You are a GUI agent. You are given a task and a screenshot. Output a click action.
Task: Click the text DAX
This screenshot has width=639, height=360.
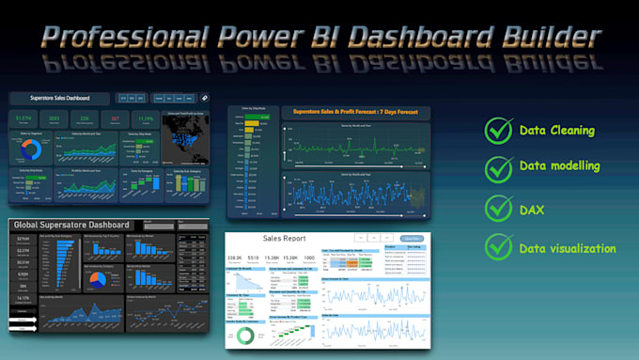(532, 209)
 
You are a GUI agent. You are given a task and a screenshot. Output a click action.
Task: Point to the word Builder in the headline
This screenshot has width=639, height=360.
(543, 37)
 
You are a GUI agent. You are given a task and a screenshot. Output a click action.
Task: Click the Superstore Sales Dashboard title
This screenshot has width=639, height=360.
(58, 98)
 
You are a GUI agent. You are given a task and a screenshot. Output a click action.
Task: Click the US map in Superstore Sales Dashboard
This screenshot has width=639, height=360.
(187, 139)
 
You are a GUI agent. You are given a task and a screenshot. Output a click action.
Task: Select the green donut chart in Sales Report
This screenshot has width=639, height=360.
(247, 336)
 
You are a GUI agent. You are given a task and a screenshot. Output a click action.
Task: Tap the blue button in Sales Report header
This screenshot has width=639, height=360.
(411, 240)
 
